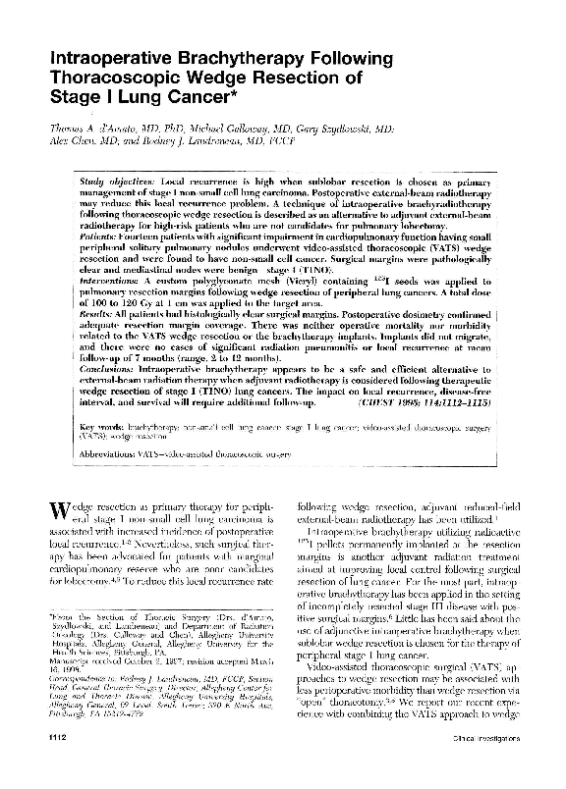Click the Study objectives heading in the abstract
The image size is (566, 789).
point(119,184)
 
